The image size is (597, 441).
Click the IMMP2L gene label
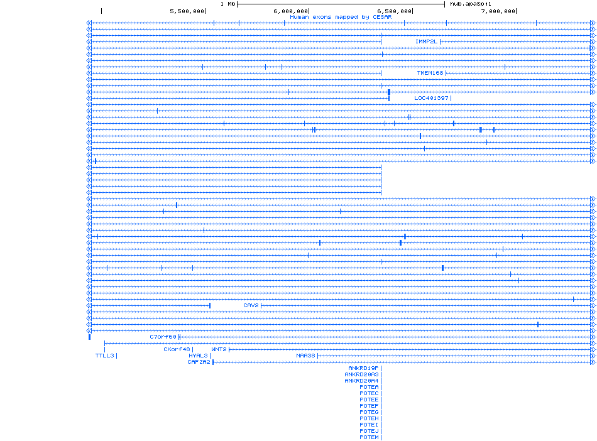(426, 41)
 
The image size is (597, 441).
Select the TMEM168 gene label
(430, 73)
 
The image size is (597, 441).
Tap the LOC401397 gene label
(431, 98)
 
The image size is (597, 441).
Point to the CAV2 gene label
(251, 305)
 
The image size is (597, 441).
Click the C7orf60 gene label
(163, 337)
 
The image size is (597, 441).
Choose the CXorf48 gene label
(177, 349)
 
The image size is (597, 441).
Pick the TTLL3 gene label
(105, 356)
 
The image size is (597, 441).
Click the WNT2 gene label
(219, 349)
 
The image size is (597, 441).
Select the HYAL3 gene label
(198, 356)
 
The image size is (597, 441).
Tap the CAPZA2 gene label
(199, 362)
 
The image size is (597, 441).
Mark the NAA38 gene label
(305, 356)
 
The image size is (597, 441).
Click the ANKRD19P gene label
(363, 368)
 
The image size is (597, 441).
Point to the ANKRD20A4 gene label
(361, 381)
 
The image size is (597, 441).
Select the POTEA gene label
(369, 387)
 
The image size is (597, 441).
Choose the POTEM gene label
(369, 437)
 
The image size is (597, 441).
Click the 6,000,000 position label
(291, 11)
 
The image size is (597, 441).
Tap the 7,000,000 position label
(498, 11)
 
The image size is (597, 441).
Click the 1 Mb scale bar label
(227, 4)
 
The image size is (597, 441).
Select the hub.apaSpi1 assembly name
(470, 4)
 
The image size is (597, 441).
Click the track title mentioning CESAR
(341, 17)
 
